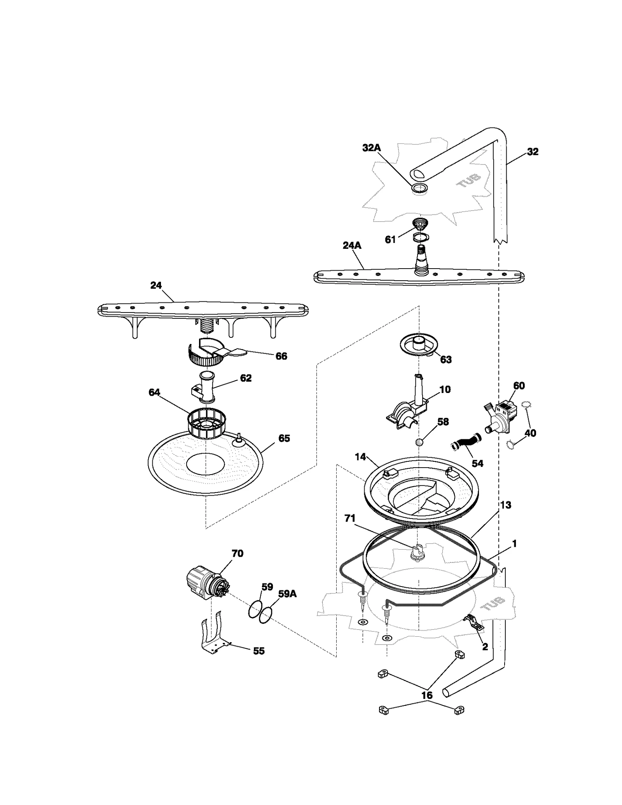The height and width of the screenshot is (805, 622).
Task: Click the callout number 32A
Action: [371, 148]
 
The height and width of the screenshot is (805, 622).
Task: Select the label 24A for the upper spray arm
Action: [352, 245]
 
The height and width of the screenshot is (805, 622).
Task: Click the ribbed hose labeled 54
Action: [466, 444]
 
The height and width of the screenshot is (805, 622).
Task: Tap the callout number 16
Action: [427, 695]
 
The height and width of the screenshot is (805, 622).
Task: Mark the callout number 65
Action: [284, 438]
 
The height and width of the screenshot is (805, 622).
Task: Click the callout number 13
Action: [505, 505]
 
